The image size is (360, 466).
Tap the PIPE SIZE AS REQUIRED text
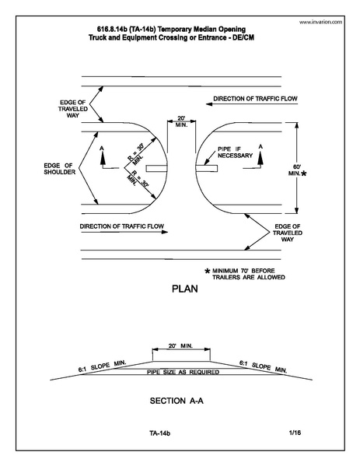pyautogui.click(x=180, y=373)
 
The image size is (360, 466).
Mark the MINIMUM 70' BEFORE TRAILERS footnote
pyautogui.click(x=248, y=274)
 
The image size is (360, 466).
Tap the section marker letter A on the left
pyautogui.click(x=103, y=146)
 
